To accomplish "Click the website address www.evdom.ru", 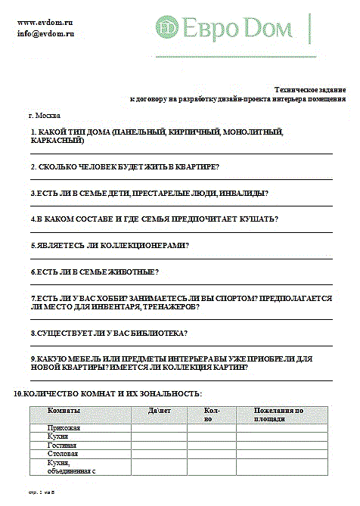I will tap(45, 23).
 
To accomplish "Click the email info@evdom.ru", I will tap(46, 34).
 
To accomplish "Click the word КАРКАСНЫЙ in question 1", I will tap(57, 141).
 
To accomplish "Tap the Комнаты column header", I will tap(64, 411).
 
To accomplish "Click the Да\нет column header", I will tap(160, 411).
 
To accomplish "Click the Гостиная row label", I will tap(63, 445).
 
